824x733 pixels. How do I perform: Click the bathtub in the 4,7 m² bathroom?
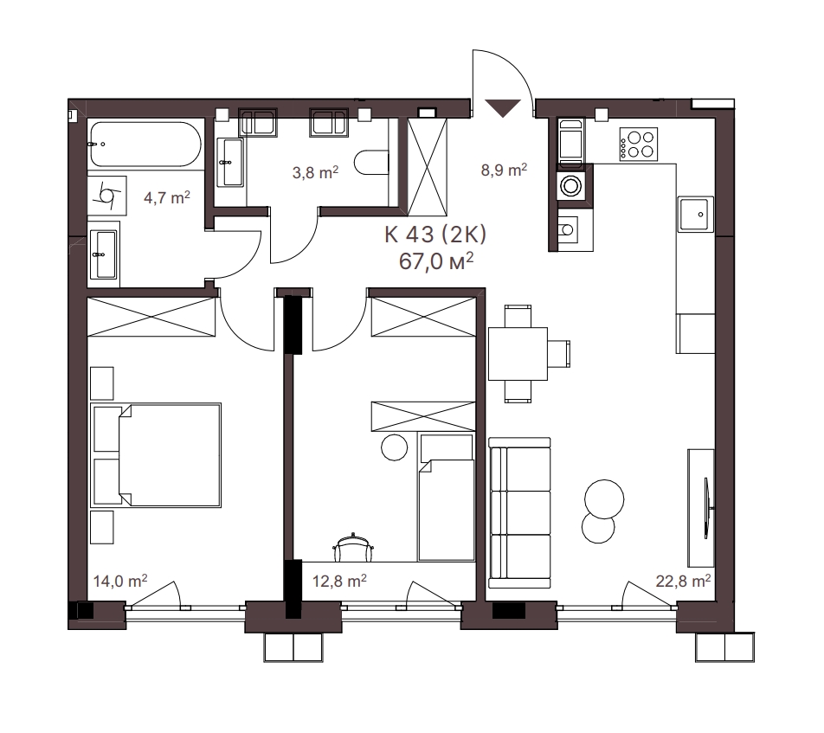click(145, 145)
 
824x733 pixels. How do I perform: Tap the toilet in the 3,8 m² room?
click(371, 163)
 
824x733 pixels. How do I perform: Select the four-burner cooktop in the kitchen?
click(639, 145)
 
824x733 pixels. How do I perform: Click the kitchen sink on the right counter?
click(696, 215)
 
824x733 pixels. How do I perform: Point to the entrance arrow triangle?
click(503, 107)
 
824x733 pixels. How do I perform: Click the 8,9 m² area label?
click(504, 170)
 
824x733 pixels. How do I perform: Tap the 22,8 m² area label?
click(683, 581)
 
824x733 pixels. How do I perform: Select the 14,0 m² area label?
click(120, 581)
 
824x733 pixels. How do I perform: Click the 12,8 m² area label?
click(339, 581)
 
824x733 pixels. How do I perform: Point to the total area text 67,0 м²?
click(436, 261)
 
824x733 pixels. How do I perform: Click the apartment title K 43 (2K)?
click(435, 235)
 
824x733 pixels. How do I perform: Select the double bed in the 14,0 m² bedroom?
click(156, 455)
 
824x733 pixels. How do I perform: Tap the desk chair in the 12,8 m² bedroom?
click(353, 547)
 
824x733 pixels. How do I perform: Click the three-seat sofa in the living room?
click(519, 513)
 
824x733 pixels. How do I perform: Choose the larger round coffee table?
click(604, 498)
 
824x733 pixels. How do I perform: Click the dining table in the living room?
click(518, 354)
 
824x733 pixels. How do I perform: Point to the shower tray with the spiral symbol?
click(106, 196)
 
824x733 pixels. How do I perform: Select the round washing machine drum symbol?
click(570, 185)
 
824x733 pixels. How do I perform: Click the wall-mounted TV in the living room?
click(706, 508)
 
